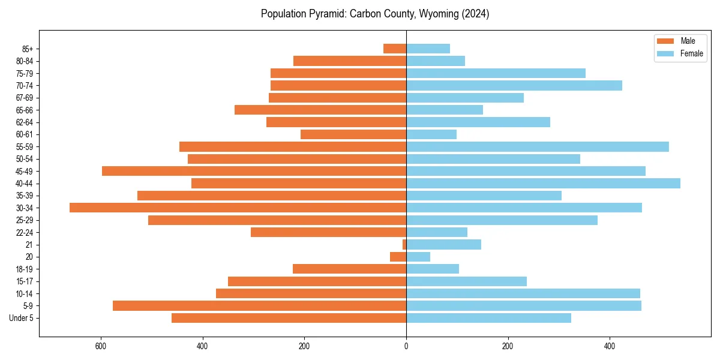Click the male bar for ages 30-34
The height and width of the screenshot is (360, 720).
[238, 208]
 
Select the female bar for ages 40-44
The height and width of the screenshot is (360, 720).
[543, 183]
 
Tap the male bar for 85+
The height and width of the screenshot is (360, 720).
[395, 49]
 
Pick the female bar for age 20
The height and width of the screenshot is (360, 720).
[418, 257]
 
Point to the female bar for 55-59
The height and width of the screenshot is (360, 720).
[537, 146]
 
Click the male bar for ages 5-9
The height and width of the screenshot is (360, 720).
[259, 305]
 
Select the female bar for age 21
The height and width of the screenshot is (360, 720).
[443, 244]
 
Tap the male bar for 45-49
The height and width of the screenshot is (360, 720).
[254, 171]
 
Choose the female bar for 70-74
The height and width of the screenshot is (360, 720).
[514, 85]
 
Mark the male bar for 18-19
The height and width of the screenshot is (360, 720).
[349, 269]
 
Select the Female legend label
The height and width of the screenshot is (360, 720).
[691, 53]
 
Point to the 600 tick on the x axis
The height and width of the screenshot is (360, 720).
[101, 346]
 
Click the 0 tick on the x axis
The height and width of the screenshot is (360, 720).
[406, 346]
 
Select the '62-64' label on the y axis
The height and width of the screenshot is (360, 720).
[25, 122]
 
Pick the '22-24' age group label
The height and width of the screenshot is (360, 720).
[25, 232]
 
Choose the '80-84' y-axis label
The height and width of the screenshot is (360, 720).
[25, 61]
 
